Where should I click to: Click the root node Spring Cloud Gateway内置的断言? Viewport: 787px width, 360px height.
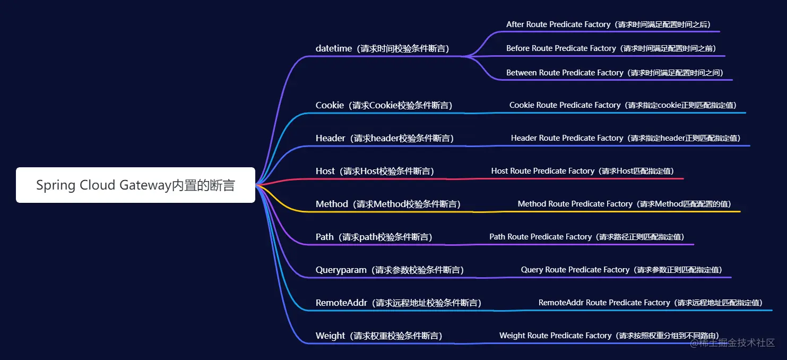click(135, 185)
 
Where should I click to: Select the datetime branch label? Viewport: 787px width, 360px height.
click(382, 48)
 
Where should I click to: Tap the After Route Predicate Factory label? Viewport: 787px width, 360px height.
click(608, 24)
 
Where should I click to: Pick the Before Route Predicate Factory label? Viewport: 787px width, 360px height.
click(613, 48)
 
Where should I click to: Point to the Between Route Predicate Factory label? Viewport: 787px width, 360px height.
click(615, 73)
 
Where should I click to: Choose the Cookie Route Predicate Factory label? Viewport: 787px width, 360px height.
click(623, 105)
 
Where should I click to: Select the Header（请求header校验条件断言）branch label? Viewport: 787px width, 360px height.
click(384, 138)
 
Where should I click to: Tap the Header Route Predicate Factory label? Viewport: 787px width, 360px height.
click(626, 138)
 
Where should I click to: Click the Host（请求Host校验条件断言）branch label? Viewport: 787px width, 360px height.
click(375, 171)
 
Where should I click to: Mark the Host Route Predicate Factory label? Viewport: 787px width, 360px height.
click(582, 171)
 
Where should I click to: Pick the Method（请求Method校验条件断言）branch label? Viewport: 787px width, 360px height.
click(388, 204)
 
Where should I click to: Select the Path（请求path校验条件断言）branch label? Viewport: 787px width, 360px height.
click(374, 237)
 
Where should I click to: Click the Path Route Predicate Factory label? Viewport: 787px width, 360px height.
click(586, 237)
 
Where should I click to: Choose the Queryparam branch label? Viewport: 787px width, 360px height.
click(390, 270)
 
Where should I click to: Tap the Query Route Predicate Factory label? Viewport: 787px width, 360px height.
click(621, 270)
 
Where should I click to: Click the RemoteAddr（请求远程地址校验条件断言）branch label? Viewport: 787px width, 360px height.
click(398, 303)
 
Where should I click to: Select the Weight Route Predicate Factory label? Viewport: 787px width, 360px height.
click(609, 336)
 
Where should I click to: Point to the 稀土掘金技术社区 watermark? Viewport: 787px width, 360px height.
click(732, 343)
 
